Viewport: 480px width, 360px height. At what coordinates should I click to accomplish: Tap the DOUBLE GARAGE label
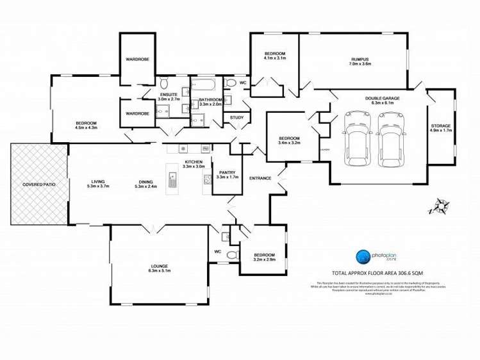pos(382,98)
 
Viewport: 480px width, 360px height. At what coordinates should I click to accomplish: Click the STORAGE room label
pos(440,126)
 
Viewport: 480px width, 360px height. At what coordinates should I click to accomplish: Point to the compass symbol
pos(440,206)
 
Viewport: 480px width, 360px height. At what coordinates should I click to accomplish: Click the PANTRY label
pos(228,172)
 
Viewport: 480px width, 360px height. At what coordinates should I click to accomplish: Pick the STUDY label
pos(237,117)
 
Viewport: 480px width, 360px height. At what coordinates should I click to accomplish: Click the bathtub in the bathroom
pos(205,85)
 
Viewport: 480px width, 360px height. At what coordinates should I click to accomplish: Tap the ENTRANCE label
pos(260,178)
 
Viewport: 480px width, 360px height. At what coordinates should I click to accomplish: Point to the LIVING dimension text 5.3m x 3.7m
pos(98,186)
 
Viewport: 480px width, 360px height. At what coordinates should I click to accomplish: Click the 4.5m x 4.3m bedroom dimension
pos(86,127)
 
